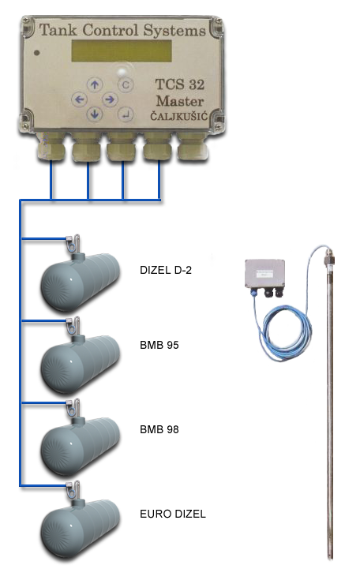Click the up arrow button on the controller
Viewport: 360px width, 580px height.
pos(95,84)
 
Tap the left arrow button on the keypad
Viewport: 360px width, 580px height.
pos(79,99)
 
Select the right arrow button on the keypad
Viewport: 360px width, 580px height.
pos(110,99)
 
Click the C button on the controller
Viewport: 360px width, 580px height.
pos(126,85)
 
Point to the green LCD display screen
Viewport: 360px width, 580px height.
pos(122,51)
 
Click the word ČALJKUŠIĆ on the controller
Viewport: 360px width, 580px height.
pos(178,116)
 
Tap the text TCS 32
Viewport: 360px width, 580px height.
pos(180,84)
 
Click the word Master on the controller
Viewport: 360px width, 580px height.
pos(180,101)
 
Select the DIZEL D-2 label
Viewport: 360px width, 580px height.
pos(166,270)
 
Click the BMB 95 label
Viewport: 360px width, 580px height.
pos(159,345)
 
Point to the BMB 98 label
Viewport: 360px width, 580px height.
pos(159,429)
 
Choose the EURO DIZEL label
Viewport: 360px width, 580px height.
pos(173,514)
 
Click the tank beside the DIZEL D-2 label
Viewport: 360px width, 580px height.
pos(80,281)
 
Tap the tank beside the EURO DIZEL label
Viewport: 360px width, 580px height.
pos(80,528)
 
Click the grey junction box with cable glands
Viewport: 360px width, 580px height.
pos(265,275)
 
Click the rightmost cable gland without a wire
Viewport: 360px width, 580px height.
pos(193,147)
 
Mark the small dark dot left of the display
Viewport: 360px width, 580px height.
pos(36,53)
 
